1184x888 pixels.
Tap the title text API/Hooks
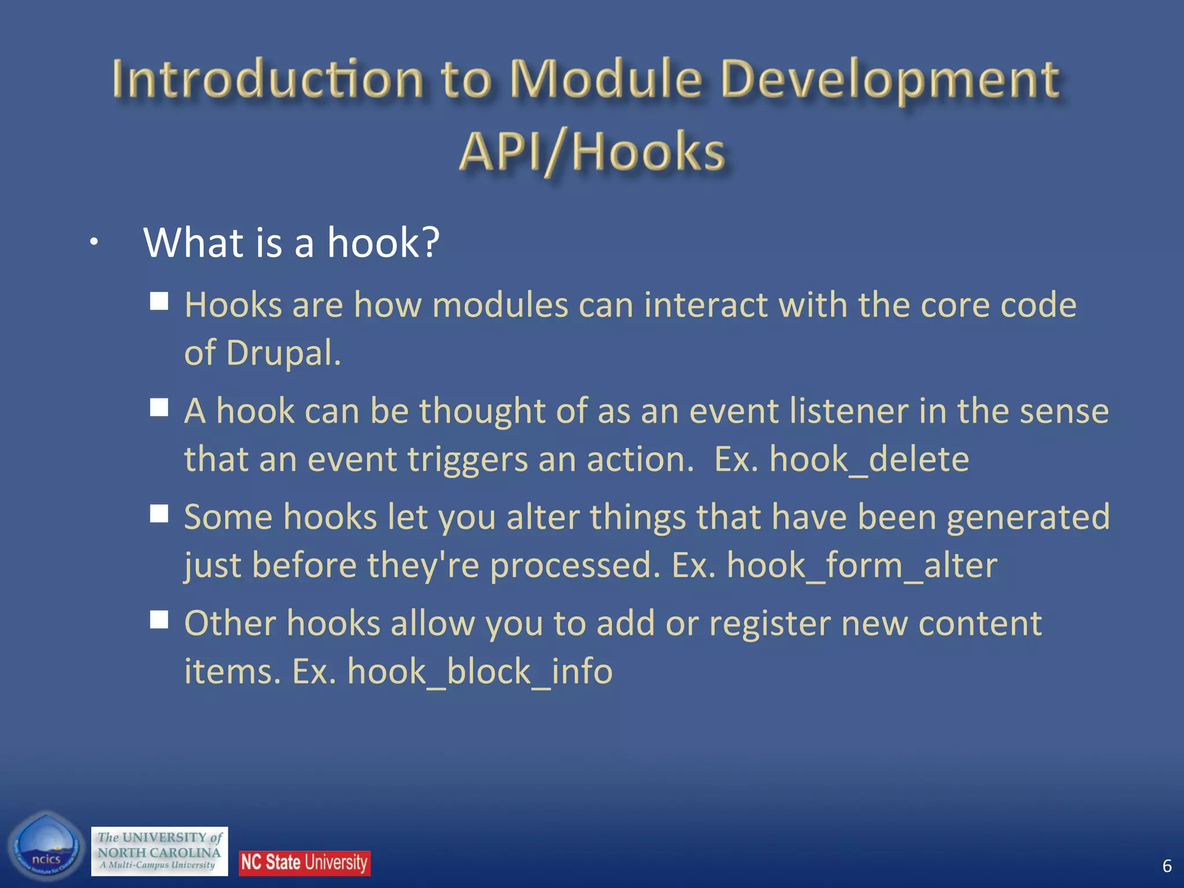click(x=591, y=151)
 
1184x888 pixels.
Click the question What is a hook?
click(x=291, y=242)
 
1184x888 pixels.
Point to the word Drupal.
click(x=283, y=353)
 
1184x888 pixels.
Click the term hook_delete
click(x=869, y=460)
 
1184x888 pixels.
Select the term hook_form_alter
click(x=861, y=565)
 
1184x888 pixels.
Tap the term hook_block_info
click(x=479, y=672)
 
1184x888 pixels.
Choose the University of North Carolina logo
click(x=160, y=851)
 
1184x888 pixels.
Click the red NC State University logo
click(x=305, y=863)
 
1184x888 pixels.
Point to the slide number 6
click(x=1167, y=866)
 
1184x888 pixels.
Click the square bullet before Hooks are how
click(x=159, y=301)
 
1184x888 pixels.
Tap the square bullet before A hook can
click(x=159, y=408)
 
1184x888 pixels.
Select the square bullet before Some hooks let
click(x=159, y=513)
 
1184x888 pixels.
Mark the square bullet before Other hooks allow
click(x=159, y=620)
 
